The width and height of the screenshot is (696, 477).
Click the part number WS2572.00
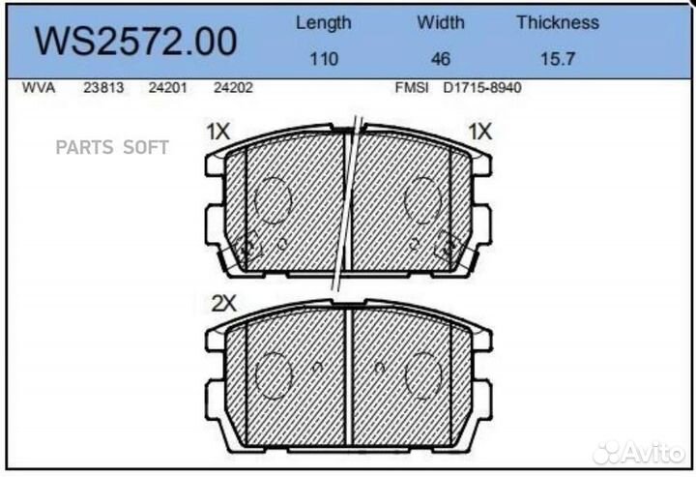135,42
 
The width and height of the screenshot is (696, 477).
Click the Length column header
323,22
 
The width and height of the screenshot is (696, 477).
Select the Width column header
440,22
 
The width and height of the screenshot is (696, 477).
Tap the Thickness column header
557,22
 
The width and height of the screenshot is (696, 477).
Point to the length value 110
323,59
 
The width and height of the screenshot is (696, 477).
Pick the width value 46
440,59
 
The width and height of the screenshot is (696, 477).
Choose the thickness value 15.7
557,59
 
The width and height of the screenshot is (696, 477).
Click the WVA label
38,87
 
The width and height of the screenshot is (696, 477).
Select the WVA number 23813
101,87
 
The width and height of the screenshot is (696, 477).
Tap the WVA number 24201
166,87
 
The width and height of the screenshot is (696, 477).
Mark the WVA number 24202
232,87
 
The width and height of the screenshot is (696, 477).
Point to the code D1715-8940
482,87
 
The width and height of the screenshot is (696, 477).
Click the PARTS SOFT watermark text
112,147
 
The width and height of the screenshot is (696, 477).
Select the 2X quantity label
223,303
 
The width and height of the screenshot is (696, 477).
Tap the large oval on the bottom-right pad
423,373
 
